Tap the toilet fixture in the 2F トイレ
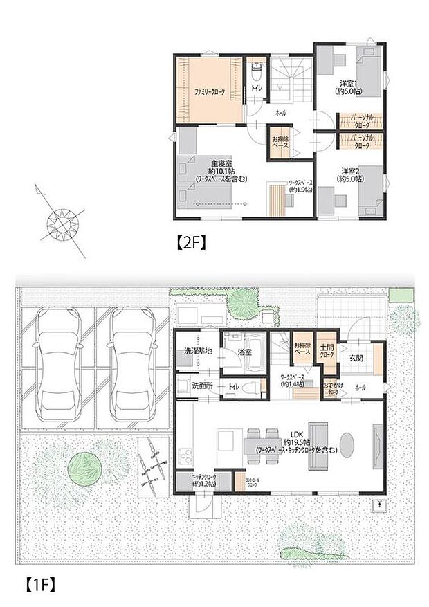(256, 70)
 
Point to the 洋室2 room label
(347, 174)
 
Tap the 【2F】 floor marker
(188, 243)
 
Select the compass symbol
(62, 223)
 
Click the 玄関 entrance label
(356, 358)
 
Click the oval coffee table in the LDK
(347, 441)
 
